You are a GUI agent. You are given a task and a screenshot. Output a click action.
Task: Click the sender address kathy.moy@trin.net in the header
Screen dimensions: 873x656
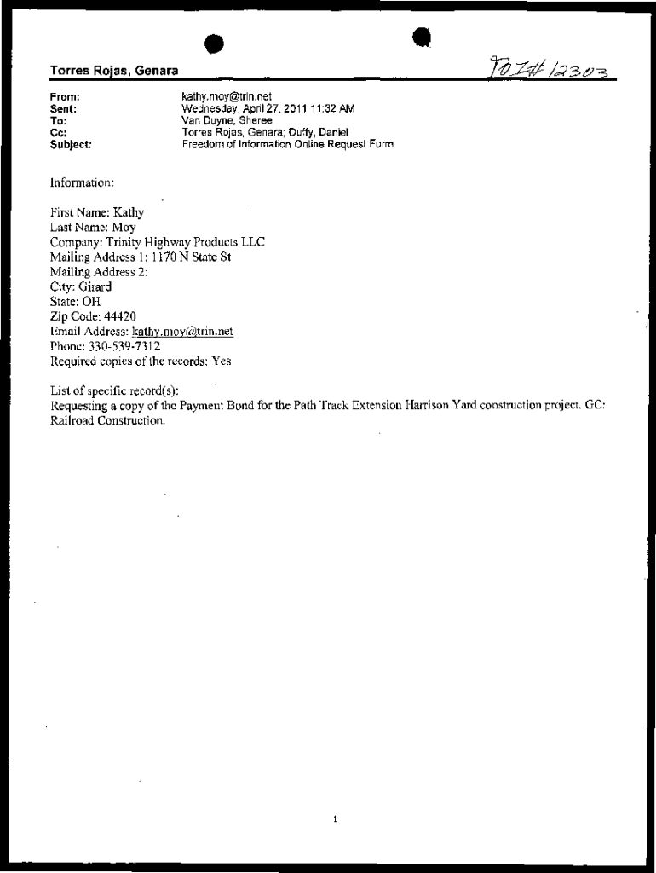(227, 97)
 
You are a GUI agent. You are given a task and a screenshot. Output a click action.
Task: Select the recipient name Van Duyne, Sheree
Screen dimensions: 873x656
(227, 121)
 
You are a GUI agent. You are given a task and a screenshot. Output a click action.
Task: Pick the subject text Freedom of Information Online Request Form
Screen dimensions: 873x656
(287, 145)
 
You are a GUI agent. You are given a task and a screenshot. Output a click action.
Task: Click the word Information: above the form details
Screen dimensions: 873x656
(82, 182)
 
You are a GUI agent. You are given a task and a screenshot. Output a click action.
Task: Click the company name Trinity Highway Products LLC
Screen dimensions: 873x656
(185, 242)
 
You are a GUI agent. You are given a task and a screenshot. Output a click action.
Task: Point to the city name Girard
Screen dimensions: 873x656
(95, 286)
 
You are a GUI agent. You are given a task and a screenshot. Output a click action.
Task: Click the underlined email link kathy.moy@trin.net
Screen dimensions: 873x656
(182, 331)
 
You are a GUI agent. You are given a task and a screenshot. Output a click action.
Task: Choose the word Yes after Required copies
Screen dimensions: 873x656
(221, 361)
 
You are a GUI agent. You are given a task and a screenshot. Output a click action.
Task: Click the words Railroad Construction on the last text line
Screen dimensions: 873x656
(106, 420)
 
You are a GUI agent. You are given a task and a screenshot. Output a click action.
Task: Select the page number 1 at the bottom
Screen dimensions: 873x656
(336, 819)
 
